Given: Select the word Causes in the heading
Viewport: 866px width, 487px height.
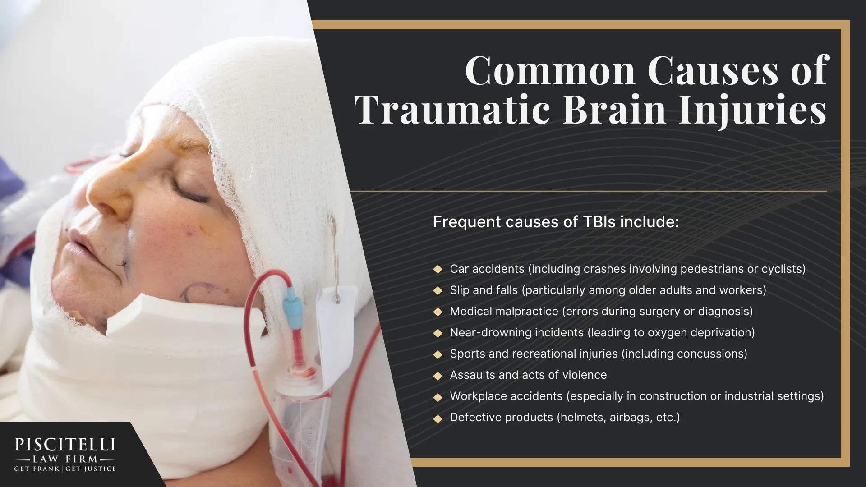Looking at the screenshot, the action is point(713,71).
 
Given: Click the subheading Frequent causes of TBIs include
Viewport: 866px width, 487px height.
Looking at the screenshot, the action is point(556,222).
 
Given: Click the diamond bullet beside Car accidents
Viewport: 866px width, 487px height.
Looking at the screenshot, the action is point(438,269).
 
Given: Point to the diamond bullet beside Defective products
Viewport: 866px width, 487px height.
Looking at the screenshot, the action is point(438,418).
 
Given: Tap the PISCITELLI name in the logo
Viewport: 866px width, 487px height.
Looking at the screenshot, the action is point(65,445).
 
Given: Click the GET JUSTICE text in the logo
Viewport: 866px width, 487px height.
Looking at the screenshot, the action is point(91,469).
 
